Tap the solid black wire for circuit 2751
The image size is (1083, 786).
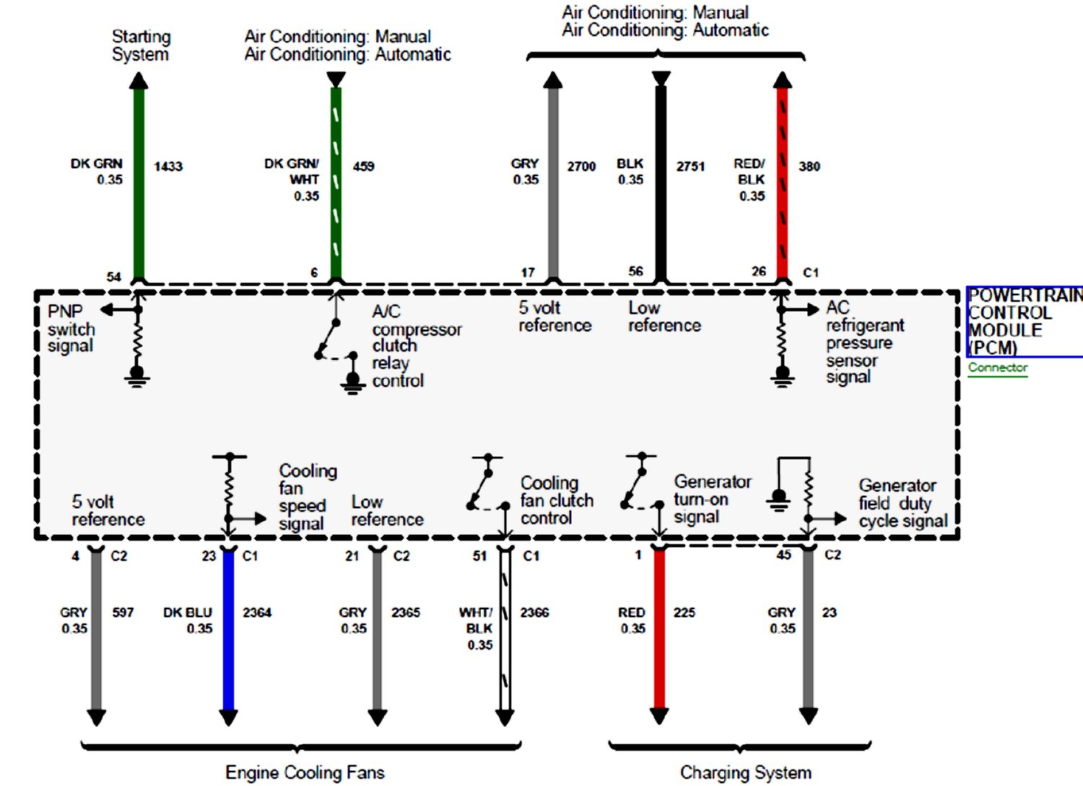(x=661, y=180)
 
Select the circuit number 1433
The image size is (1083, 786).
(x=168, y=167)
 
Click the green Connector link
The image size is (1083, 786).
(x=998, y=367)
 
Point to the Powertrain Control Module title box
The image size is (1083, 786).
(x=1025, y=322)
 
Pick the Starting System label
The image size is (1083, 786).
(x=141, y=45)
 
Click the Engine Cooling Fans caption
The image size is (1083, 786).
(x=305, y=772)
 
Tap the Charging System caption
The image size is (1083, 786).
(x=745, y=772)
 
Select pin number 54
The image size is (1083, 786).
(x=114, y=276)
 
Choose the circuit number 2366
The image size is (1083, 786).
(x=534, y=612)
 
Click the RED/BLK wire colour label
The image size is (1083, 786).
(x=751, y=172)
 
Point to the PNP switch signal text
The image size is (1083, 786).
(x=71, y=328)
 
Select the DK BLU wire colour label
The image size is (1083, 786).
(x=188, y=612)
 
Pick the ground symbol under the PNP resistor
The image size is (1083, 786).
(x=137, y=376)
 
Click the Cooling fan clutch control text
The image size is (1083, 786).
(x=557, y=500)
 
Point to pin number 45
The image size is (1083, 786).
(x=783, y=554)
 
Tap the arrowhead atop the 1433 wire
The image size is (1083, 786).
(x=139, y=80)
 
